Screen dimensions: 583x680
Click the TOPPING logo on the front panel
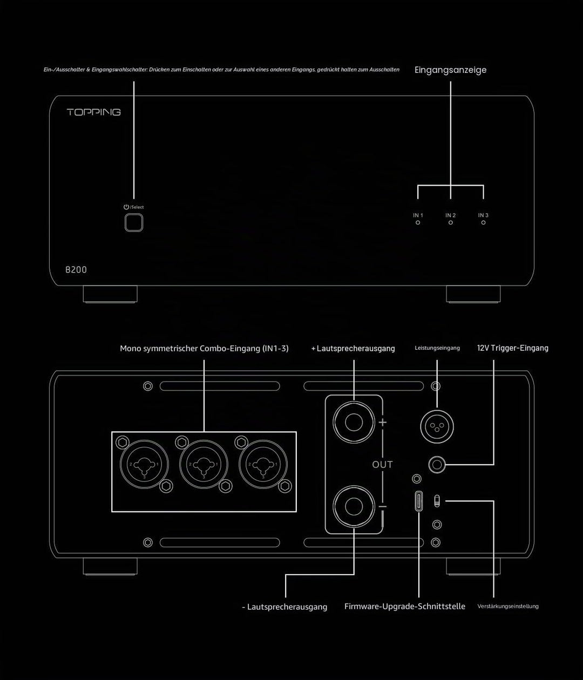point(94,112)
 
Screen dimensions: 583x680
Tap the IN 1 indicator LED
point(418,223)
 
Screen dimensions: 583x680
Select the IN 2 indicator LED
point(450,223)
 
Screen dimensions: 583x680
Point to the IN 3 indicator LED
point(483,223)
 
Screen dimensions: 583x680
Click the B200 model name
point(76,270)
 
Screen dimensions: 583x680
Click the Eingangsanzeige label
point(450,70)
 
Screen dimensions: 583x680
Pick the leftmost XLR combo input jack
point(145,464)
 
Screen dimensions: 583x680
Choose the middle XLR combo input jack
point(204,464)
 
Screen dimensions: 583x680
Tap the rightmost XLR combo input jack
point(263,464)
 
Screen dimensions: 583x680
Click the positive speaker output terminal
point(354,422)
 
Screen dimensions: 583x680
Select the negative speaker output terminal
point(354,507)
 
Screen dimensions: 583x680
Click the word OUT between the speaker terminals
point(382,465)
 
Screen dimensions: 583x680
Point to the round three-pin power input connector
point(437,427)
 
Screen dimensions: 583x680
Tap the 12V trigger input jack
point(437,465)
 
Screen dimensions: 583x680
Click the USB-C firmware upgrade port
point(418,501)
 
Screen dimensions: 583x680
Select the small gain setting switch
point(437,501)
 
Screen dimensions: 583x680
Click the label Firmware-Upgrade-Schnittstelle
point(405,606)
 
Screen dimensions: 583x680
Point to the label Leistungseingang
point(437,348)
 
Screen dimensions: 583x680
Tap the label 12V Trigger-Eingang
point(513,348)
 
